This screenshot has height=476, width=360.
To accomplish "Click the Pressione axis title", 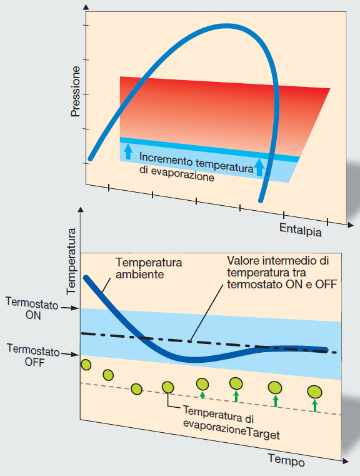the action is (x=75, y=92).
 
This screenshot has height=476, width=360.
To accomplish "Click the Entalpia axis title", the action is (x=300, y=230).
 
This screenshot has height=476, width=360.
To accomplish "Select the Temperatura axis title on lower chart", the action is (x=71, y=261).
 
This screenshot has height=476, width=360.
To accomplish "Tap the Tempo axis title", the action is (x=286, y=460).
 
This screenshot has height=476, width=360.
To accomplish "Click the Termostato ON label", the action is (x=32, y=309).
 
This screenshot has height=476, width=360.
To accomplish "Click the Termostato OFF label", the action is (x=33, y=355).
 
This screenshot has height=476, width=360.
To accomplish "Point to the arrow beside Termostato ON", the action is (x=70, y=308).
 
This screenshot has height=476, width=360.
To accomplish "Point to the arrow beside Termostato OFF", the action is (x=69, y=354).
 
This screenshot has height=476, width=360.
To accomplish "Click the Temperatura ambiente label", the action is (x=149, y=268).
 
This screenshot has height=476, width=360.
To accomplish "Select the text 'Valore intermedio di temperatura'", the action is (x=278, y=266).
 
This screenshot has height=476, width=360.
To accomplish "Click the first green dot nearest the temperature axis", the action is (x=86, y=365).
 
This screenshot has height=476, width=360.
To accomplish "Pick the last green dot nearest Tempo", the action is (x=314, y=392).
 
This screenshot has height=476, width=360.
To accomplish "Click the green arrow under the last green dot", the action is (x=315, y=405).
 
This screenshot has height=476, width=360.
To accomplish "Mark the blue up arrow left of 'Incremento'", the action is (x=128, y=151).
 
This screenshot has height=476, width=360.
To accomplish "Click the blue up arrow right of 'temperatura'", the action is (x=259, y=167).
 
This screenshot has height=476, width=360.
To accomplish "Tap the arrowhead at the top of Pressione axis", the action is (x=86, y=8).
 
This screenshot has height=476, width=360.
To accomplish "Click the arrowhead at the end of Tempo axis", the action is (x=345, y=461).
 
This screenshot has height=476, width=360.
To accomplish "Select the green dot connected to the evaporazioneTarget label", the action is (x=167, y=387).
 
